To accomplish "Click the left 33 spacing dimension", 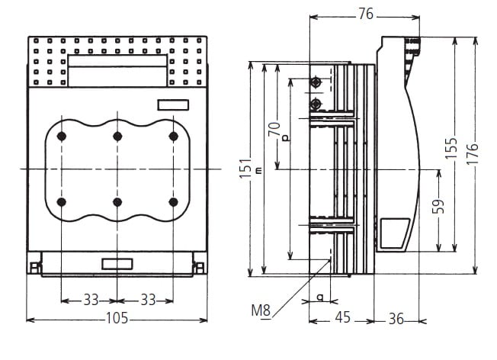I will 90,300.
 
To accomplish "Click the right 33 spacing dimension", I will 146,300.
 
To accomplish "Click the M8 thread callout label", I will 261,311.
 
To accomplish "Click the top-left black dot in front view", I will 62,136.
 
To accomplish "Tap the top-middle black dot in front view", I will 117,136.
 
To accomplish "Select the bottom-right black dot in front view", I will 174,201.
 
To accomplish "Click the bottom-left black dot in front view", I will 62,201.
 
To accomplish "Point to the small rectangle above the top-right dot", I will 174,105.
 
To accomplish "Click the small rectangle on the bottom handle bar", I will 117,264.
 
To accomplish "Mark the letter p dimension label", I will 285,138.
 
